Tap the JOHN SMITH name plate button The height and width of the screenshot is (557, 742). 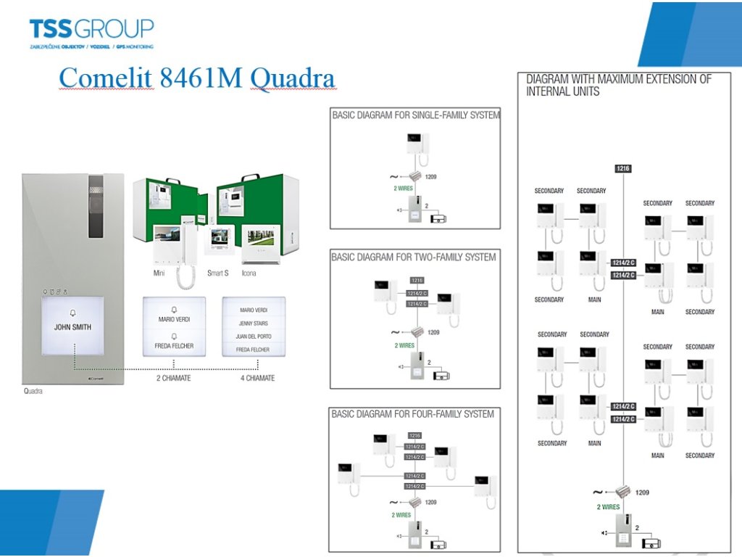[72, 326]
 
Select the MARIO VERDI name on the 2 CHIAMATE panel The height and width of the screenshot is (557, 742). [174, 319]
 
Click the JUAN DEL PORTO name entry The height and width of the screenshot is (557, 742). [253, 337]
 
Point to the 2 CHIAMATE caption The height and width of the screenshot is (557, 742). [174, 378]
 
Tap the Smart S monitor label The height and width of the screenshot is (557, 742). [218, 273]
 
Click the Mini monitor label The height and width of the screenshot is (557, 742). [159, 273]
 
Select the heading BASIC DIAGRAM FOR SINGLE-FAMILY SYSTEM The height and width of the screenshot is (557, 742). [416, 115]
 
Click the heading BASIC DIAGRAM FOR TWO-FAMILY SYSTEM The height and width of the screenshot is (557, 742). [414, 257]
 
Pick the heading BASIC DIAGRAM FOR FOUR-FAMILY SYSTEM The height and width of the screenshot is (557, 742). [413, 414]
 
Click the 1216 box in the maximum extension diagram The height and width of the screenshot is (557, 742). [623, 168]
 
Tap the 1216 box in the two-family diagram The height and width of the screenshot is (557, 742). [416, 280]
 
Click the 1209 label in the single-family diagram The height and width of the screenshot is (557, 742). [431, 176]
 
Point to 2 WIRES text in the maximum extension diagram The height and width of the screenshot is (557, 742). [608, 507]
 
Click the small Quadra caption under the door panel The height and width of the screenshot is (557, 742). [33, 392]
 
